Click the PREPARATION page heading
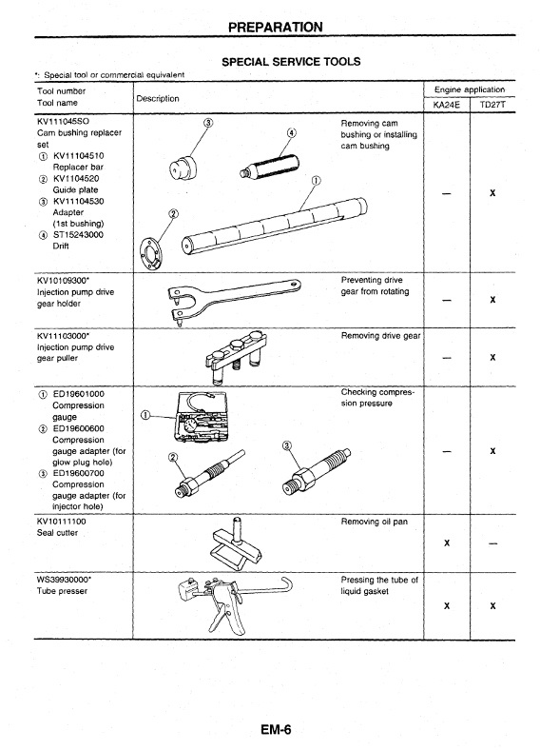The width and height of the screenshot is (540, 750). (x=276, y=27)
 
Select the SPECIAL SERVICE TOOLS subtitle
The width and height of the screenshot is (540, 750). (x=291, y=62)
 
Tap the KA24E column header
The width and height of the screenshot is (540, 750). (x=446, y=105)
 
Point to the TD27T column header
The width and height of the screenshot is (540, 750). (x=492, y=105)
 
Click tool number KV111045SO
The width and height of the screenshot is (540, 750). (x=63, y=121)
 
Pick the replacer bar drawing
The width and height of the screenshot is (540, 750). (x=275, y=226)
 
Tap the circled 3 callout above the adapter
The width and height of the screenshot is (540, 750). (x=208, y=123)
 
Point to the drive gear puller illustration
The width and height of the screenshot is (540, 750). (x=235, y=356)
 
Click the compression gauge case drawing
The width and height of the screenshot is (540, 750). (x=202, y=417)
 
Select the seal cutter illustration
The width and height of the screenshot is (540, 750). (x=235, y=544)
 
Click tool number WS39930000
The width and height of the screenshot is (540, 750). (x=63, y=580)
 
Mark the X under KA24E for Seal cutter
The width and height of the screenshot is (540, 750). (x=447, y=543)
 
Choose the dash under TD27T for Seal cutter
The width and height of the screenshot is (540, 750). (x=492, y=543)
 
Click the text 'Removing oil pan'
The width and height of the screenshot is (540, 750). (x=375, y=522)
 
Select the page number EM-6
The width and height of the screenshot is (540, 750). (x=276, y=729)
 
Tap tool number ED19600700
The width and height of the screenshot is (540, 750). (x=78, y=473)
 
